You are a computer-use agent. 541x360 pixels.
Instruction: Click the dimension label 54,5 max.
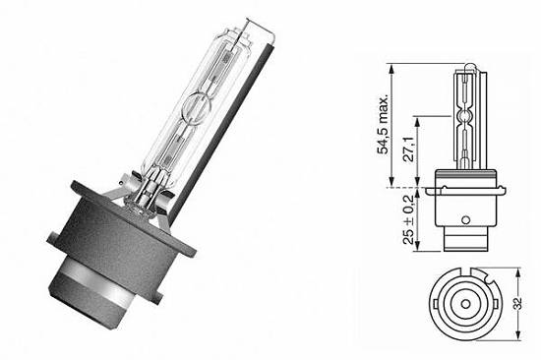pyautogui.click(x=383, y=124)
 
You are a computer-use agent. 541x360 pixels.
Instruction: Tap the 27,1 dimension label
pyautogui.click(x=409, y=149)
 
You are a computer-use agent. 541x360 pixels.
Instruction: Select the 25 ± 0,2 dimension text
pyautogui.click(x=409, y=219)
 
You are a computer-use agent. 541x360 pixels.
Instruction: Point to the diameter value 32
pyautogui.click(x=517, y=303)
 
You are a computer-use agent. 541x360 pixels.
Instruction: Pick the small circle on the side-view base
pyautogui.click(x=466, y=219)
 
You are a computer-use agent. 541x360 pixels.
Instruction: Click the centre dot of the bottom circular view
pyautogui.click(x=465, y=304)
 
